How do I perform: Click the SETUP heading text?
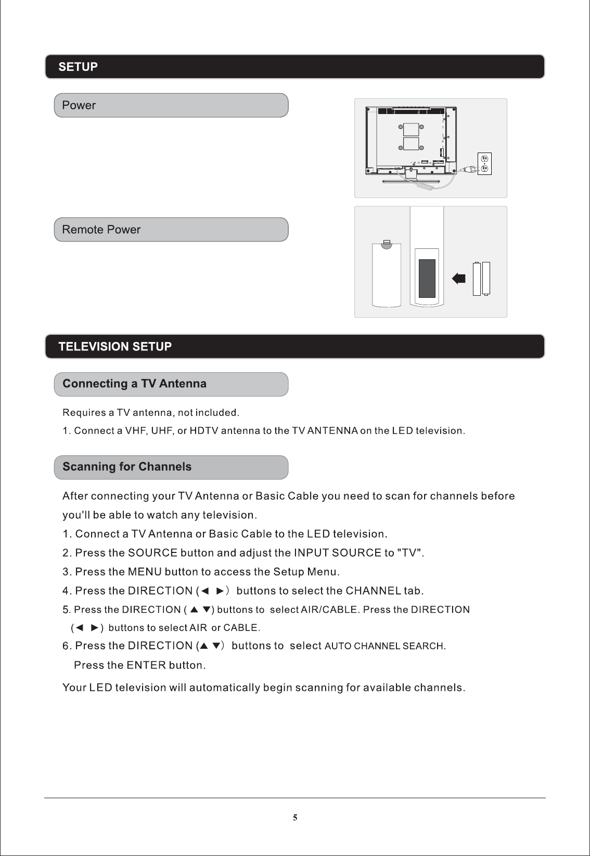(78, 67)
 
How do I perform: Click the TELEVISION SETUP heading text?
(115, 347)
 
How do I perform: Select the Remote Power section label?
(101, 230)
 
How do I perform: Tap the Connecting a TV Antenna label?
(134, 384)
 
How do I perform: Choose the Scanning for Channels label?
(127, 467)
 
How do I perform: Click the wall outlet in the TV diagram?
(484, 163)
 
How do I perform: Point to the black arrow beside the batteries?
(458, 279)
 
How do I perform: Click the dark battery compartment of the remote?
(427, 279)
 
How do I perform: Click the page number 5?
(295, 817)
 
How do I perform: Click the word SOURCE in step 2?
(152, 553)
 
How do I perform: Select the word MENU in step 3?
(145, 572)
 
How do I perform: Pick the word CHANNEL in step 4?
(373, 591)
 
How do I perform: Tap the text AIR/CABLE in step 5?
(329, 610)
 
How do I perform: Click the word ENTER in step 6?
(146, 665)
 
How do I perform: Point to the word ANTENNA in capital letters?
(332, 431)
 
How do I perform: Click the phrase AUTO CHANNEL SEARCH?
(384, 646)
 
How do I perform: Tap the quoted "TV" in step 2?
(409, 553)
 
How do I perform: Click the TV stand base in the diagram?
(411, 181)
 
